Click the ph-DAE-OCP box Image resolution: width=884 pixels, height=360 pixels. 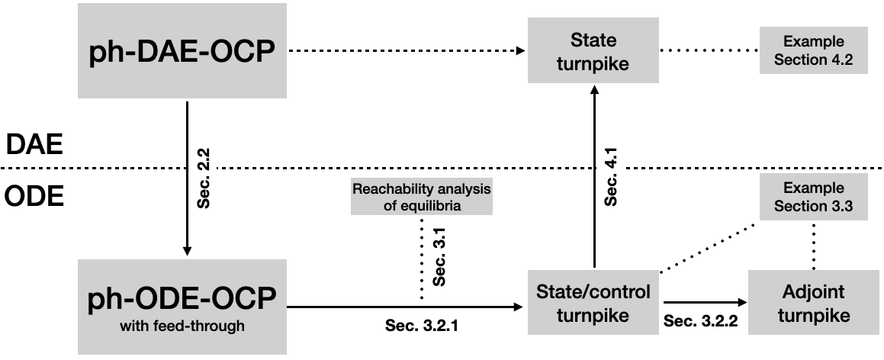(x=182, y=51)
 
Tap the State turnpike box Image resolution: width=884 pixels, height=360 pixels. (x=593, y=51)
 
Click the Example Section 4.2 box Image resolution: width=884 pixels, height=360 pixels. (x=813, y=50)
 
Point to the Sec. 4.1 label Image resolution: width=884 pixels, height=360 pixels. (x=610, y=183)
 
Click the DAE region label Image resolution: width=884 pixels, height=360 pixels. (x=34, y=143)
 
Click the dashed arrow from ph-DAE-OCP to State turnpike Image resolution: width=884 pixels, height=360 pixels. (x=404, y=51)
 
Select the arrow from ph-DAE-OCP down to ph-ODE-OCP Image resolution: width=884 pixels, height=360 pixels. (x=187, y=183)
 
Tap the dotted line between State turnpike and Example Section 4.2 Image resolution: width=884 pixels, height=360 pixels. (x=709, y=51)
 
